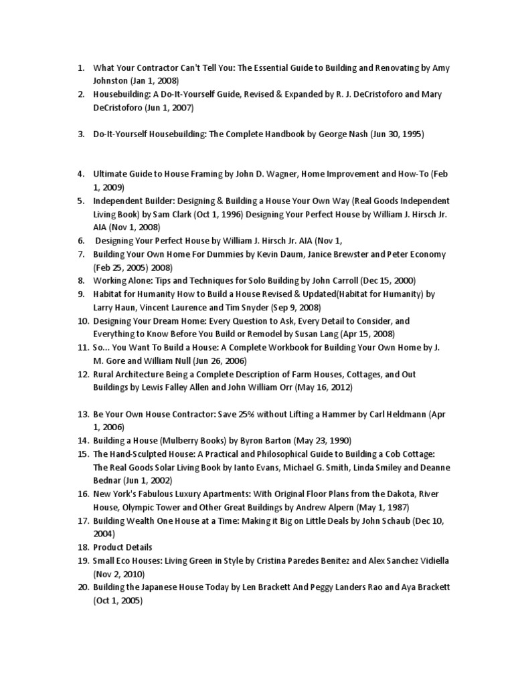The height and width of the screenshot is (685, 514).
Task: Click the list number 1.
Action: coord(80,68)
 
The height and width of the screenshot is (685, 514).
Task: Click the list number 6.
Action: coord(80,241)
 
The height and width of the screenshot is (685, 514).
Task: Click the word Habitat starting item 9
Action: coord(109,294)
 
